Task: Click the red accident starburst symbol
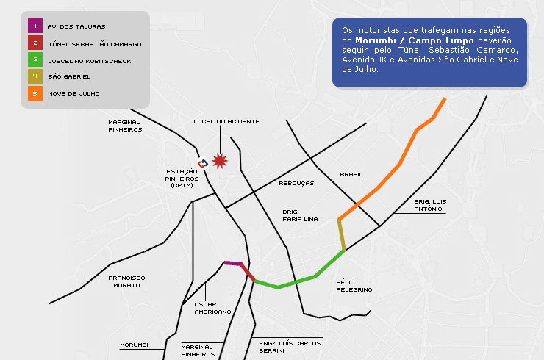click(x=219, y=161)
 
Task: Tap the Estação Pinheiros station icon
click(x=203, y=163)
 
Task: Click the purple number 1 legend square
click(x=35, y=26)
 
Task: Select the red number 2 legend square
click(x=35, y=43)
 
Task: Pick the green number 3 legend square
click(x=35, y=60)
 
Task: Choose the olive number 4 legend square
click(x=35, y=76)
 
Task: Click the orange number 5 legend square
click(x=35, y=93)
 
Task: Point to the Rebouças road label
click(x=296, y=183)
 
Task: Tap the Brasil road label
click(x=351, y=175)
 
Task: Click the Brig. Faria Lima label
click(x=300, y=215)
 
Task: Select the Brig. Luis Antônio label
click(x=430, y=205)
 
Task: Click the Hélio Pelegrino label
click(x=354, y=286)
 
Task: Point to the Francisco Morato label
click(x=126, y=281)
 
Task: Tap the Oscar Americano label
click(x=212, y=307)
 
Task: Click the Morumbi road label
click(x=134, y=345)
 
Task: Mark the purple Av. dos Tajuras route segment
click(x=233, y=263)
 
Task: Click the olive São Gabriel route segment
click(x=342, y=235)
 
